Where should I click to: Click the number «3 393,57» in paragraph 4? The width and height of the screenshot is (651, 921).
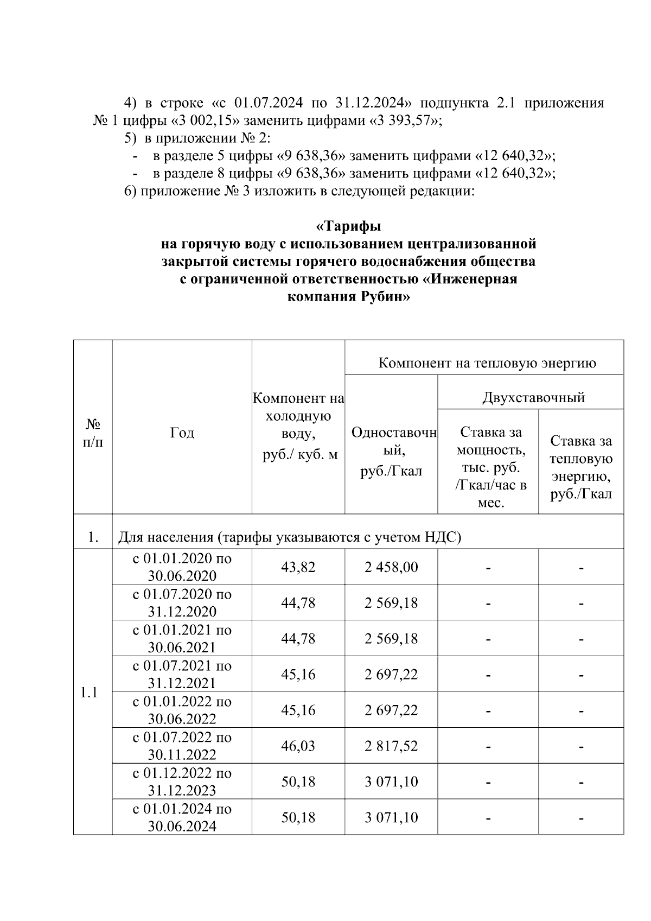coord(405,120)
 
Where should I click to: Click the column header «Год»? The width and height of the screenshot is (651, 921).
coord(182,433)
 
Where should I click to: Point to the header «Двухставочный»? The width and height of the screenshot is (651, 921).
coord(533,397)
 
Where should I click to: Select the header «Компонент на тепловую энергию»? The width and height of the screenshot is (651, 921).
coord(487,363)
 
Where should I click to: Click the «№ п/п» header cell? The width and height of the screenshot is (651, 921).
coord(93,433)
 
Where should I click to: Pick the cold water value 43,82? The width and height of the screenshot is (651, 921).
coord(298,567)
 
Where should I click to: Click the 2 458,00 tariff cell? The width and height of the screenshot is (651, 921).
coord(391,567)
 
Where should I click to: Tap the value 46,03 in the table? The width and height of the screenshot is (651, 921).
coord(298,746)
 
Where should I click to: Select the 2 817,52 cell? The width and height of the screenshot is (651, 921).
coord(391,746)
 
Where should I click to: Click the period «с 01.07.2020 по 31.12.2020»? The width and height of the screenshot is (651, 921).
coord(182,602)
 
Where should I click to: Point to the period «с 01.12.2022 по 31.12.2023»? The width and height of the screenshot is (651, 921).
coord(182,781)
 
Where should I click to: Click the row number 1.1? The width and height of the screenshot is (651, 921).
coord(88,693)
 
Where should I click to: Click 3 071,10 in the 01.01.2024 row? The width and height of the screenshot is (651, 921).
coord(391,817)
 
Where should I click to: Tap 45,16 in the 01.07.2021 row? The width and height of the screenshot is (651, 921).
coord(298,674)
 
